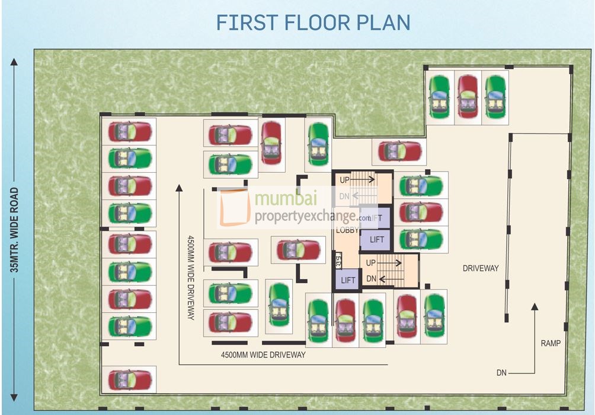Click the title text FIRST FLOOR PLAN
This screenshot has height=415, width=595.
(x=313, y=22)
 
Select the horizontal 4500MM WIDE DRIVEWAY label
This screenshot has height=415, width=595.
(x=263, y=355)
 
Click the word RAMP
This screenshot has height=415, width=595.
(x=550, y=343)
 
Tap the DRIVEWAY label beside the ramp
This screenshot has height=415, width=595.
(x=481, y=268)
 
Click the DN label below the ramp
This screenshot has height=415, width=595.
(x=502, y=373)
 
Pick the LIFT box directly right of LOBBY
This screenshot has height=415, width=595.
(x=377, y=239)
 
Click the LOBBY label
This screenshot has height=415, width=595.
(x=347, y=230)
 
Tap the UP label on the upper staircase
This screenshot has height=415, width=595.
(x=344, y=179)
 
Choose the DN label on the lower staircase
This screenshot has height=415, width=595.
(x=371, y=278)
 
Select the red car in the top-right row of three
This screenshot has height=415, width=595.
(x=467, y=97)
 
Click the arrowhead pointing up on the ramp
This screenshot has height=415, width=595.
(x=534, y=307)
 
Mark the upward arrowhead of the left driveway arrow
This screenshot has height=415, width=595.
(x=178, y=188)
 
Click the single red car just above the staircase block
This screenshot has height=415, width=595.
(x=400, y=151)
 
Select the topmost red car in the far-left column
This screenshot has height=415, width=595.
(x=130, y=131)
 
